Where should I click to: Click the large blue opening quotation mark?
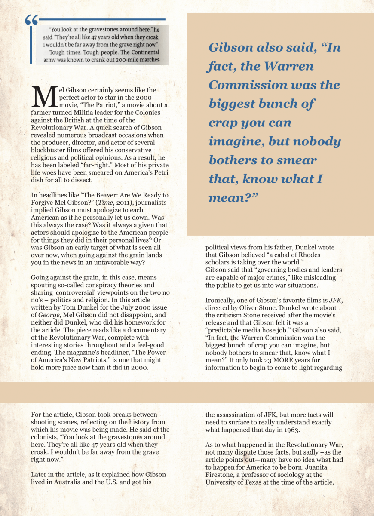tap(31, 20)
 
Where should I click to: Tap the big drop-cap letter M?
tap(44, 97)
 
